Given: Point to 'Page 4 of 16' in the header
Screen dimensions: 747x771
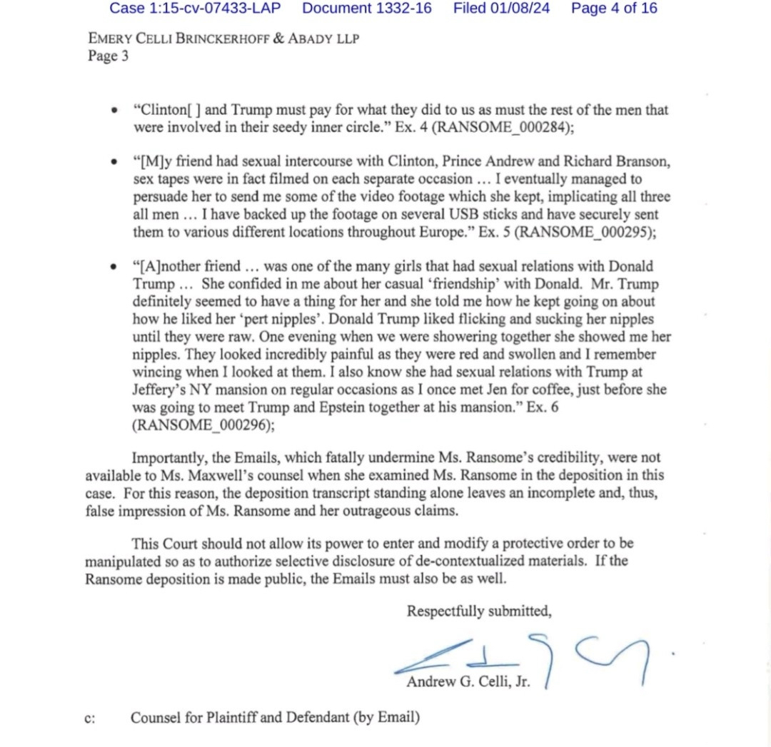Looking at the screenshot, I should pos(614,9).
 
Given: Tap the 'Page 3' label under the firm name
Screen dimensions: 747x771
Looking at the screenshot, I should pos(108,56).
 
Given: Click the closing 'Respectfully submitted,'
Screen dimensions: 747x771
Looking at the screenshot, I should pos(479,611).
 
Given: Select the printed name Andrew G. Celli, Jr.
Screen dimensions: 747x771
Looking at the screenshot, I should pos(468,681).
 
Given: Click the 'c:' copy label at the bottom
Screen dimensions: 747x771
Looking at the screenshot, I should pos(90,718).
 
